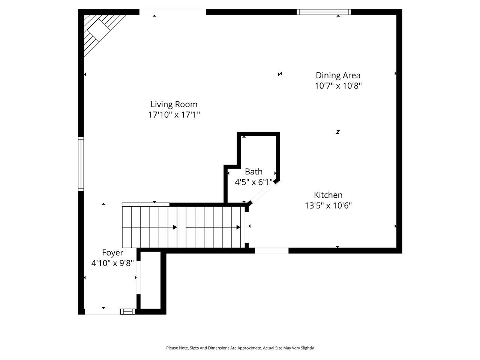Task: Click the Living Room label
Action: [174, 104]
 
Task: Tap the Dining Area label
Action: [338, 75]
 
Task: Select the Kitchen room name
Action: [328, 195]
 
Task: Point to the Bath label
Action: [253, 172]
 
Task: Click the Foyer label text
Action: [112, 253]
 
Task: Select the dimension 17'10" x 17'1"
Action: [174, 114]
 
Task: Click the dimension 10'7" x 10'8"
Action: [338, 85]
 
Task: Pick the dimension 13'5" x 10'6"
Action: [328, 205]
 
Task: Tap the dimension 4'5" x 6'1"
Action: [253, 182]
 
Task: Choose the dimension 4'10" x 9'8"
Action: [112, 263]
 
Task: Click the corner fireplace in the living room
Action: [100, 32]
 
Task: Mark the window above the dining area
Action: [324, 12]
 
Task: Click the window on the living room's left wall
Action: [81, 164]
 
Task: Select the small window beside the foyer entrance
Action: [127, 312]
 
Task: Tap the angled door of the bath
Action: [262, 193]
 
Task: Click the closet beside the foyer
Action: [150, 280]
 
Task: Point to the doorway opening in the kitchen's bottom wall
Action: [271, 250]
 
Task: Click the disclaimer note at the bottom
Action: [240, 348]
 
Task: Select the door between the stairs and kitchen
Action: [247, 227]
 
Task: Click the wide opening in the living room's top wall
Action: [173, 12]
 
